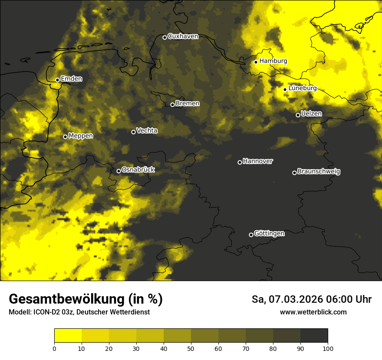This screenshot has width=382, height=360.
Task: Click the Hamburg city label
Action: pos(273,61)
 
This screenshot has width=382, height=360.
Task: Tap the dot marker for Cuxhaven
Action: pos(165,37)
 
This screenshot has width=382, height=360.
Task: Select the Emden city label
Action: pos(71,79)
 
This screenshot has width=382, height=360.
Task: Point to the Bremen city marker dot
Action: pos(172,105)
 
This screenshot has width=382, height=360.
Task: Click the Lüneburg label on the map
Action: pos(302,88)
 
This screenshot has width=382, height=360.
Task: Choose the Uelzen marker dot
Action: pos(298,115)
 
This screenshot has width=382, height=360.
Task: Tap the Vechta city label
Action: pos(147,131)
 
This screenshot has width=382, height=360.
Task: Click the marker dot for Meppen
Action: pos(65,137)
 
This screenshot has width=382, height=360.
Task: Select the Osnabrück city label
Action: pos(138,170)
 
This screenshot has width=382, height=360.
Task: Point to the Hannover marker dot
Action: pos(240,162)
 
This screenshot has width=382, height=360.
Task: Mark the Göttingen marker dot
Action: pos(251,235)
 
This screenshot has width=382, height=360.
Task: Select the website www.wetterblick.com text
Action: pos(313,312)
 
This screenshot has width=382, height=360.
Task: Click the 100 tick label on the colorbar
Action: pos(328,348)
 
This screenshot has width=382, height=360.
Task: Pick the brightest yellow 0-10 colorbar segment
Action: pos(68,336)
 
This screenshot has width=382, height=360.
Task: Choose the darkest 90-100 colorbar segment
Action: pos(314,336)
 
